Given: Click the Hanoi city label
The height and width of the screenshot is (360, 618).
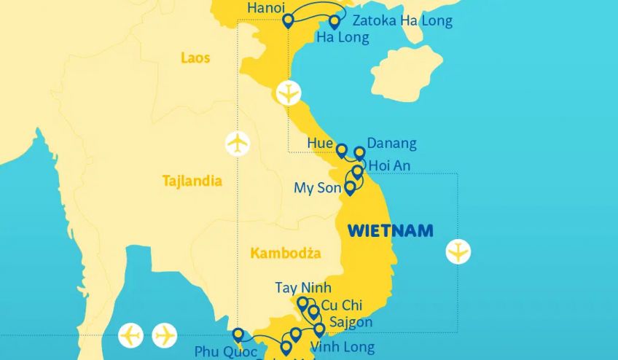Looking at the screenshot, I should [267, 7].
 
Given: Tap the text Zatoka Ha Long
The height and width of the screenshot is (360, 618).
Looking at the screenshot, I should [402, 20].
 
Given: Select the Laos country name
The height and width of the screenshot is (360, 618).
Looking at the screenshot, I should [195, 58].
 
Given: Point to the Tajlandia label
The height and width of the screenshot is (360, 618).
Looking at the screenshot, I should [192, 181].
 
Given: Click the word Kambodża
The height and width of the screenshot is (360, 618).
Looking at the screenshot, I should [285, 253].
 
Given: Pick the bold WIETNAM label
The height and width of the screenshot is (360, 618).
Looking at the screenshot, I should [390, 231].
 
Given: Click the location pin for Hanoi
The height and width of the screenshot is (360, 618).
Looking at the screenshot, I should [288, 20].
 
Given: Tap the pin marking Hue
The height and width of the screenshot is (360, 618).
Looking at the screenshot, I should [341, 150].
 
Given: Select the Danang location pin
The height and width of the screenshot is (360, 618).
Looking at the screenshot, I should [359, 153].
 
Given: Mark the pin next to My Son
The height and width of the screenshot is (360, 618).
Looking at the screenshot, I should [350, 187].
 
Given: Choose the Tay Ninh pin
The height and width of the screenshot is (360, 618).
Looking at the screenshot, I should [302, 302].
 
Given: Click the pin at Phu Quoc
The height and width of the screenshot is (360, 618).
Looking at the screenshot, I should [238, 335].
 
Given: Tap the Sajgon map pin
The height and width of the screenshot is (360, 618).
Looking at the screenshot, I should [319, 329].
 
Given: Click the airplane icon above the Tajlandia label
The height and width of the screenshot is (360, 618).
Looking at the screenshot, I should [238, 143].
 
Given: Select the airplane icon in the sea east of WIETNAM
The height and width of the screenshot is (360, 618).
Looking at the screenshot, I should [458, 252].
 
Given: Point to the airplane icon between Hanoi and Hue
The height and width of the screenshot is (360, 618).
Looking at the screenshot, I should [289, 93].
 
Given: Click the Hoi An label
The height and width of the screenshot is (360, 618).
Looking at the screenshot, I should [389, 166].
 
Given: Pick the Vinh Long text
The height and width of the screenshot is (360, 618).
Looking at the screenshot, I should [343, 347].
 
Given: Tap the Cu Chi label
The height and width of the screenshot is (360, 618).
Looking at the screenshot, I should [341, 305].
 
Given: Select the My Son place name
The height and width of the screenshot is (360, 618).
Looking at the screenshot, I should [318, 188].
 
